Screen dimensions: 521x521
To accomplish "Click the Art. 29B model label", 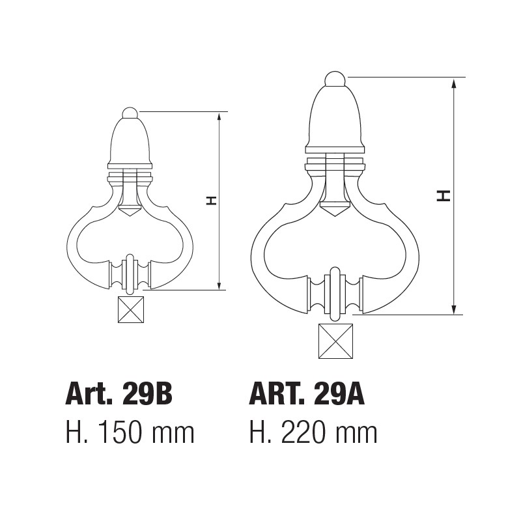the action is point(119,395).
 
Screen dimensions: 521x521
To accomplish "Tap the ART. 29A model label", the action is point(307,395).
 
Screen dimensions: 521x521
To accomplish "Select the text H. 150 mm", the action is point(130,432).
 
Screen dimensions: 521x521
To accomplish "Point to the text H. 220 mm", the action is point(313,432).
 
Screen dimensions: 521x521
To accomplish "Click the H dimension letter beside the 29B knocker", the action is point(211,201).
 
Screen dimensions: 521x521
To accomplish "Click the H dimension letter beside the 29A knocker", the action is point(444,195).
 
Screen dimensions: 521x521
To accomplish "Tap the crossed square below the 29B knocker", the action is point(131,309).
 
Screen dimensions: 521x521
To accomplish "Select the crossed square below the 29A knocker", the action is point(335,341).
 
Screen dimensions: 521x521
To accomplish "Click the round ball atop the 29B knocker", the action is point(130,113).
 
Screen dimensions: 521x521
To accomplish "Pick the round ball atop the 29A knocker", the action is point(335,78).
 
